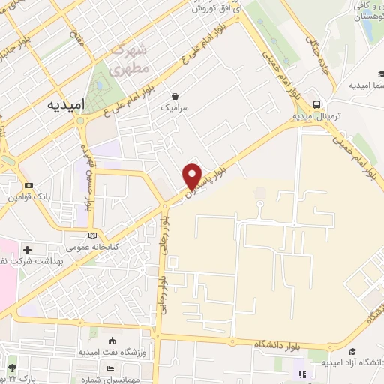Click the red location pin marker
(193, 175)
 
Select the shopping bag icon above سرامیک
(175, 96)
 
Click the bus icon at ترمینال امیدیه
(317, 105)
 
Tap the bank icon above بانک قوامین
(28, 185)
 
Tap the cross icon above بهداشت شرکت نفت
(28, 250)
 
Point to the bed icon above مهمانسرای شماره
(110, 369)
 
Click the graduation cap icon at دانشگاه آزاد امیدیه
(301, 373)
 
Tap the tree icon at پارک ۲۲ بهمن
(13, 368)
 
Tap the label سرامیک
(175, 108)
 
